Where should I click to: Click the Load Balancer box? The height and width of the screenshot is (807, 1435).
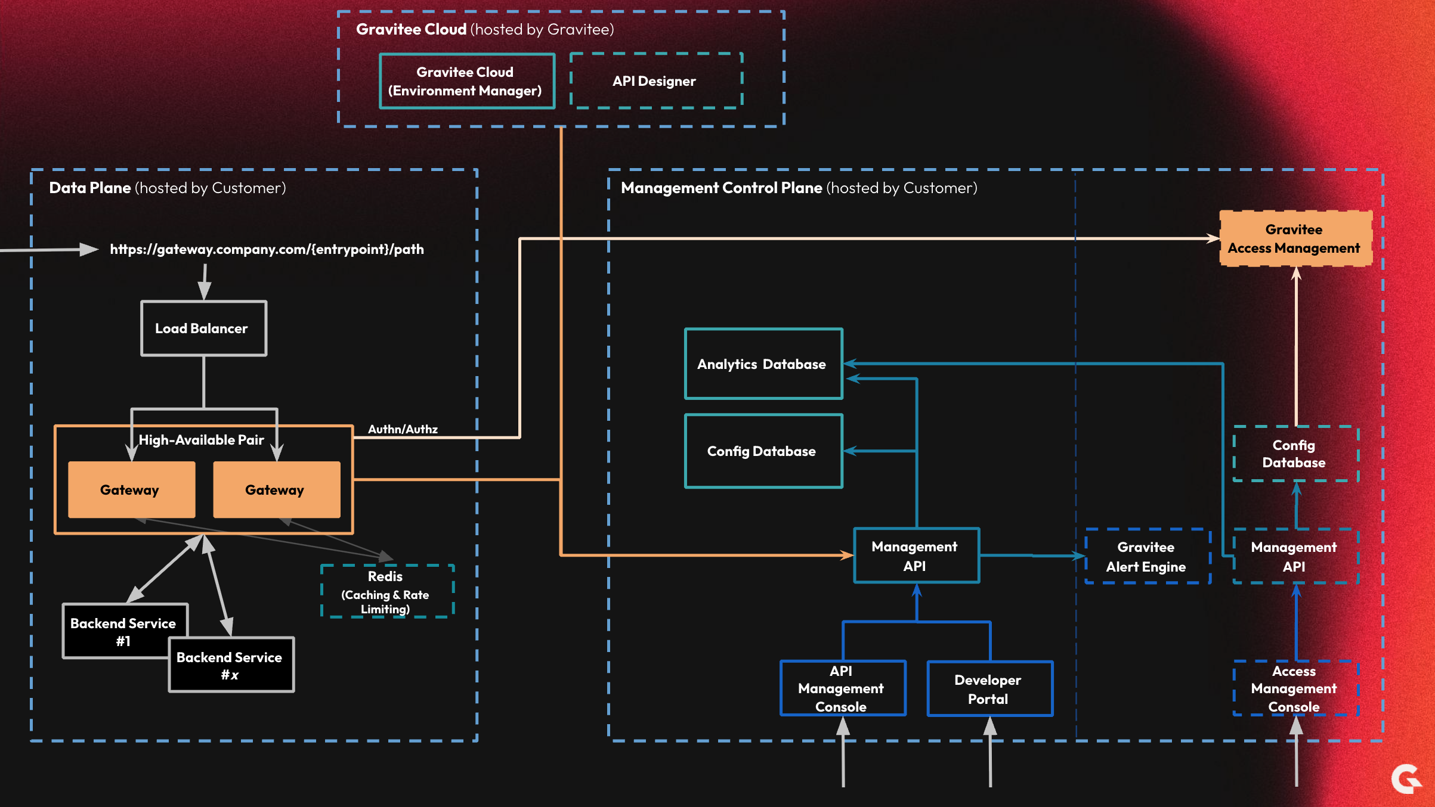tap(203, 328)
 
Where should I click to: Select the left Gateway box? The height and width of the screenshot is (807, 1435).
tap(131, 490)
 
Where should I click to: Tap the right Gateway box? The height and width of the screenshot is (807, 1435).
tap(276, 490)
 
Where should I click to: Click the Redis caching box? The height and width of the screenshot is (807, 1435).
tap(387, 591)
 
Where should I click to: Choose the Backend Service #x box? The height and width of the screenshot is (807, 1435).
tap(231, 665)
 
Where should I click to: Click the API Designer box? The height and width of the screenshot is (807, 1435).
tap(655, 81)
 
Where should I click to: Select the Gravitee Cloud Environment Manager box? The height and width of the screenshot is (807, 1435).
tap(466, 81)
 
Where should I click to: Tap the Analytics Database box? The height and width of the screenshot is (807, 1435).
tap(763, 364)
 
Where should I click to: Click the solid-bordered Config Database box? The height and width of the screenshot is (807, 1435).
tap(763, 451)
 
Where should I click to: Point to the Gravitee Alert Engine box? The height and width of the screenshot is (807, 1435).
tap(1147, 557)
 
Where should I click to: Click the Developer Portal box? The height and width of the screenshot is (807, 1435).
tap(989, 689)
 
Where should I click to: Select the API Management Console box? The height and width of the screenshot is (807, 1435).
tap(842, 688)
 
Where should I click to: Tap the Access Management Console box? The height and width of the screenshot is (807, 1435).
tap(1295, 688)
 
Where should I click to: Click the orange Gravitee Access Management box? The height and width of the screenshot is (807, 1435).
tap(1295, 238)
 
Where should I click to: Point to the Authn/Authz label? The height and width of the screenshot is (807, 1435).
tap(403, 429)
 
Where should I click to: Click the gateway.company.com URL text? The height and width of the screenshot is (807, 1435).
tap(267, 249)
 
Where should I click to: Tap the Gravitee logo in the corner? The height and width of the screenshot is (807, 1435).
tap(1407, 779)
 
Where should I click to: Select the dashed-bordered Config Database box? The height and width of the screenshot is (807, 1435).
tap(1295, 454)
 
